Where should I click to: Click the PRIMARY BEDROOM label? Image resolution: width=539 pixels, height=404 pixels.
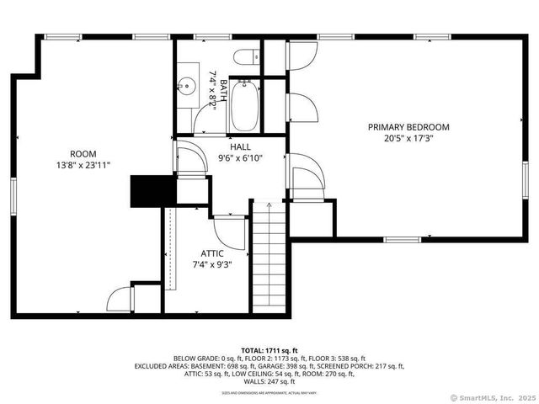coord(408,127)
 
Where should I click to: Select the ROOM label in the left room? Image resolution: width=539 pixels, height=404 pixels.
coord(82,154)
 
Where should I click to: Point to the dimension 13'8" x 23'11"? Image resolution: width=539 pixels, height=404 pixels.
coord(82,167)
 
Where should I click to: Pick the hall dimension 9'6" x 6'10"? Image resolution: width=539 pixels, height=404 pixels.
coord(240,158)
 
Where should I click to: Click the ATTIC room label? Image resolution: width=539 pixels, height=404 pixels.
coord(211,252)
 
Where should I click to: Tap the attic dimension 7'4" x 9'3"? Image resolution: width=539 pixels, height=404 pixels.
coord(211,264)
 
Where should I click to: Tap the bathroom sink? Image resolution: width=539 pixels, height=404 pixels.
coord(187,85)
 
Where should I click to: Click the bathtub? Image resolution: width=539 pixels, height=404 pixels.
coord(244,105)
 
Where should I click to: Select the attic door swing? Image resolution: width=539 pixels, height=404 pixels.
coord(229,231)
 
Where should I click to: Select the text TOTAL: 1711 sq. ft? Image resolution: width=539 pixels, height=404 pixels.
coord(269,350)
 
